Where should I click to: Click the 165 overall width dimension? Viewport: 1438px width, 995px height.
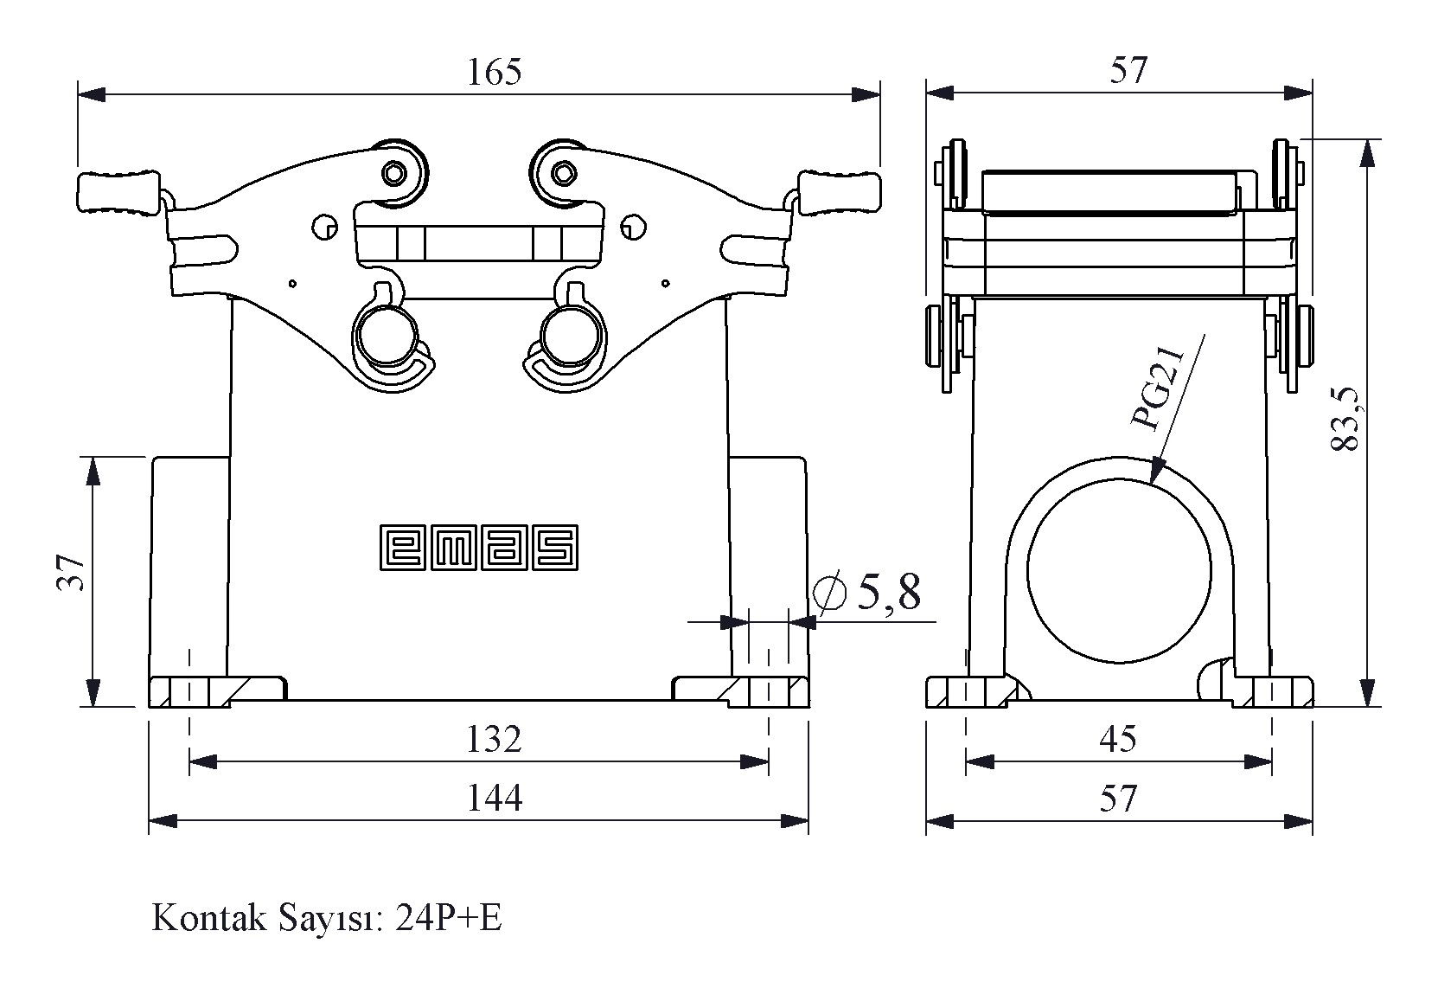(x=494, y=73)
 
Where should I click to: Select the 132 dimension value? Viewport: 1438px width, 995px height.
(x=494, y=739)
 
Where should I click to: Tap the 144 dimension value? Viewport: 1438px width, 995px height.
(x=494, y=797)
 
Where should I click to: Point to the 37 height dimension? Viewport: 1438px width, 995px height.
(x=73, y=571)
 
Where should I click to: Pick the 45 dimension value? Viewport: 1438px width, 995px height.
(x=1117, y=739)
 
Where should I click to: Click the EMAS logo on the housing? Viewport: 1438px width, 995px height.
(x=479, y=547)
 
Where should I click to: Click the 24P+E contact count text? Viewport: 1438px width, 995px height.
(x=448, y=918)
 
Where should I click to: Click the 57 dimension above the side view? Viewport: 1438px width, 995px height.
(x=1128, y=71)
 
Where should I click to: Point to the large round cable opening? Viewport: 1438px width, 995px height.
(x=1119, y=571)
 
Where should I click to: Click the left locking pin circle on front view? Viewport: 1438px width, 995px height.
(x=386, y=335)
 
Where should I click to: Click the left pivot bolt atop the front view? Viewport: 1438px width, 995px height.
(x=395, y=173)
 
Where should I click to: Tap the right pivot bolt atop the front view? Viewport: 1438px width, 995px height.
(x=563, y=173)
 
